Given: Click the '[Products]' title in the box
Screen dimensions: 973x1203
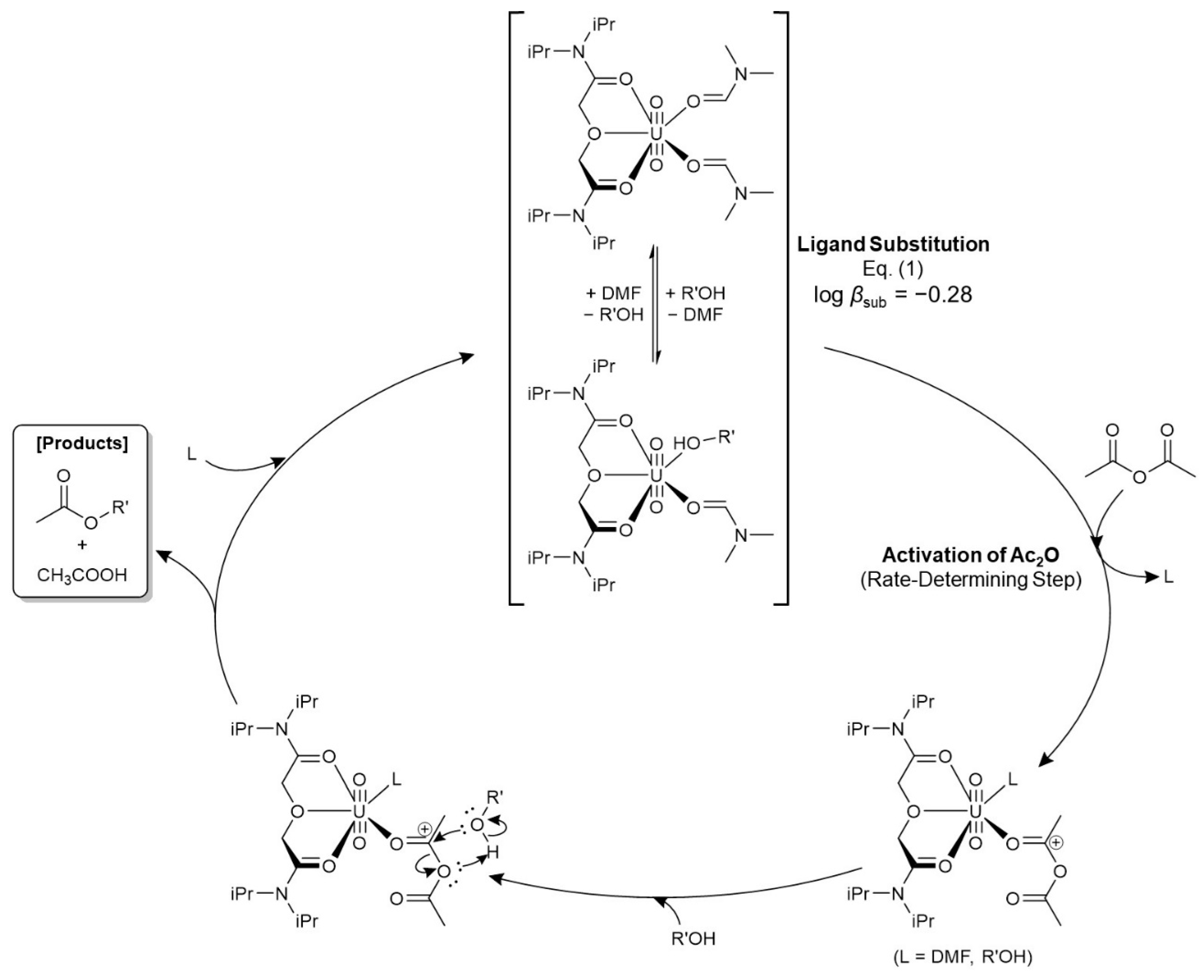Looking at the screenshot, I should point(82,443).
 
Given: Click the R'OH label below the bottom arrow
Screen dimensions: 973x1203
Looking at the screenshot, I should point(694,938).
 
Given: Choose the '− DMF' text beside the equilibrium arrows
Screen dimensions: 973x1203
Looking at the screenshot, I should point(696,315).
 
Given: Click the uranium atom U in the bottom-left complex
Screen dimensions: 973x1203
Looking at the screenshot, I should point(359,812).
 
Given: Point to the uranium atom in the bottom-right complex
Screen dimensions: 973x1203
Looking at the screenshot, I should point(975,812).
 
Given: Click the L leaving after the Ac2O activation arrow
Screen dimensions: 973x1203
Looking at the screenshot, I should point(1168,577).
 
